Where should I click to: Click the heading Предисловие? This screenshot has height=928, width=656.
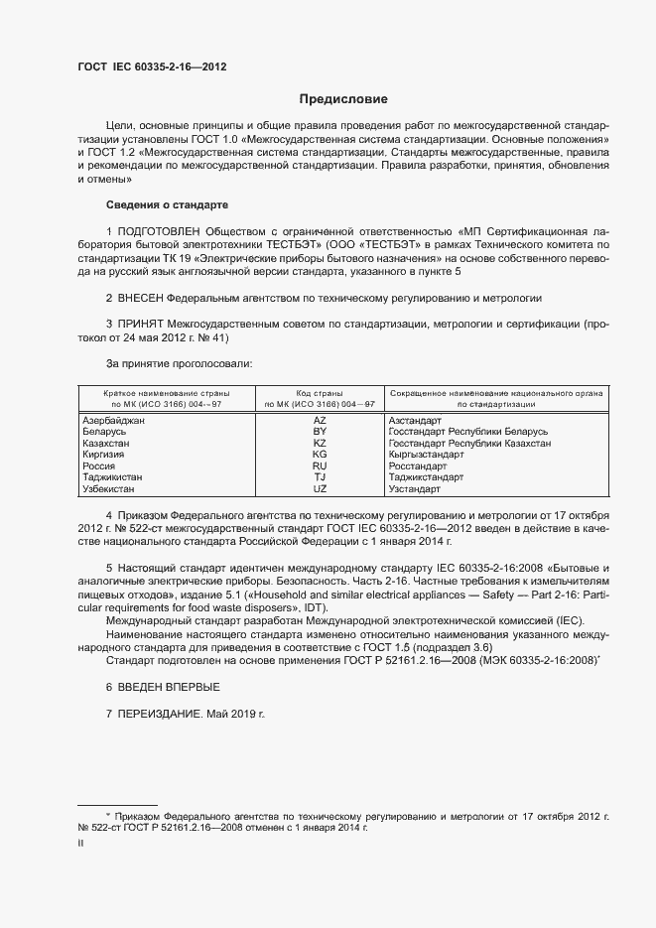point(343,99)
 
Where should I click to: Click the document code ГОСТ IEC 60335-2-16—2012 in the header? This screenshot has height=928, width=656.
point(158,67)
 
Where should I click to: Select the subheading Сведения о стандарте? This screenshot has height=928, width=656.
point(167,204)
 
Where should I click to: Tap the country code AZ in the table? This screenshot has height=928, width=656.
point(320,421)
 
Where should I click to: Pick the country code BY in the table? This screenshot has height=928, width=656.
point(320,432)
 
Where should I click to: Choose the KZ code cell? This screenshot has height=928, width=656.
point(320,444)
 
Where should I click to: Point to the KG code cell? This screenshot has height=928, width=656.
point(320,455)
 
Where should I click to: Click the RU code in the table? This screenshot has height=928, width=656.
point(320,466)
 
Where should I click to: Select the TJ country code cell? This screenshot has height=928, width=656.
point(320,477)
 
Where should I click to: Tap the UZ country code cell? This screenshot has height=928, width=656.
point(320,489)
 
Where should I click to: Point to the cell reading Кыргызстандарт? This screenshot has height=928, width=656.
point(427,455)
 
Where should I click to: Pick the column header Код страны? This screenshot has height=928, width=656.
point(320,393)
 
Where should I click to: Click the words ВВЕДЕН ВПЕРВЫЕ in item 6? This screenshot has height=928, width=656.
point(173,688)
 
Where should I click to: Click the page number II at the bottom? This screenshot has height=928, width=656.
point(80,843)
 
